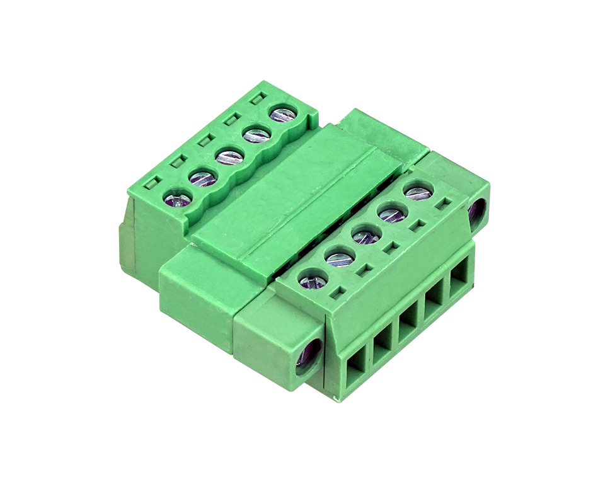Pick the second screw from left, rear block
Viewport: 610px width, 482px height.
point(203,178)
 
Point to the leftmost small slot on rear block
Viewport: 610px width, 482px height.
point(151,184)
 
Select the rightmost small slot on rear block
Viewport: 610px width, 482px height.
point(256,99)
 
